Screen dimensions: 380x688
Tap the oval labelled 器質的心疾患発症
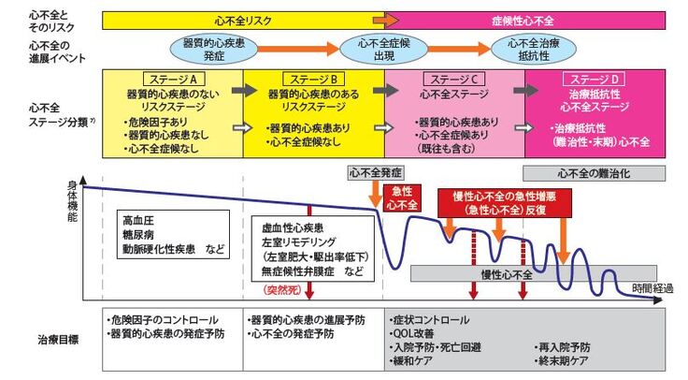click(213, 50)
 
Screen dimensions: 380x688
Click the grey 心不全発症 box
click(374, 172)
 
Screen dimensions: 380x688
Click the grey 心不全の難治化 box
click(588, 172)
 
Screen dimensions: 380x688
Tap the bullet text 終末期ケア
click(561, 359)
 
